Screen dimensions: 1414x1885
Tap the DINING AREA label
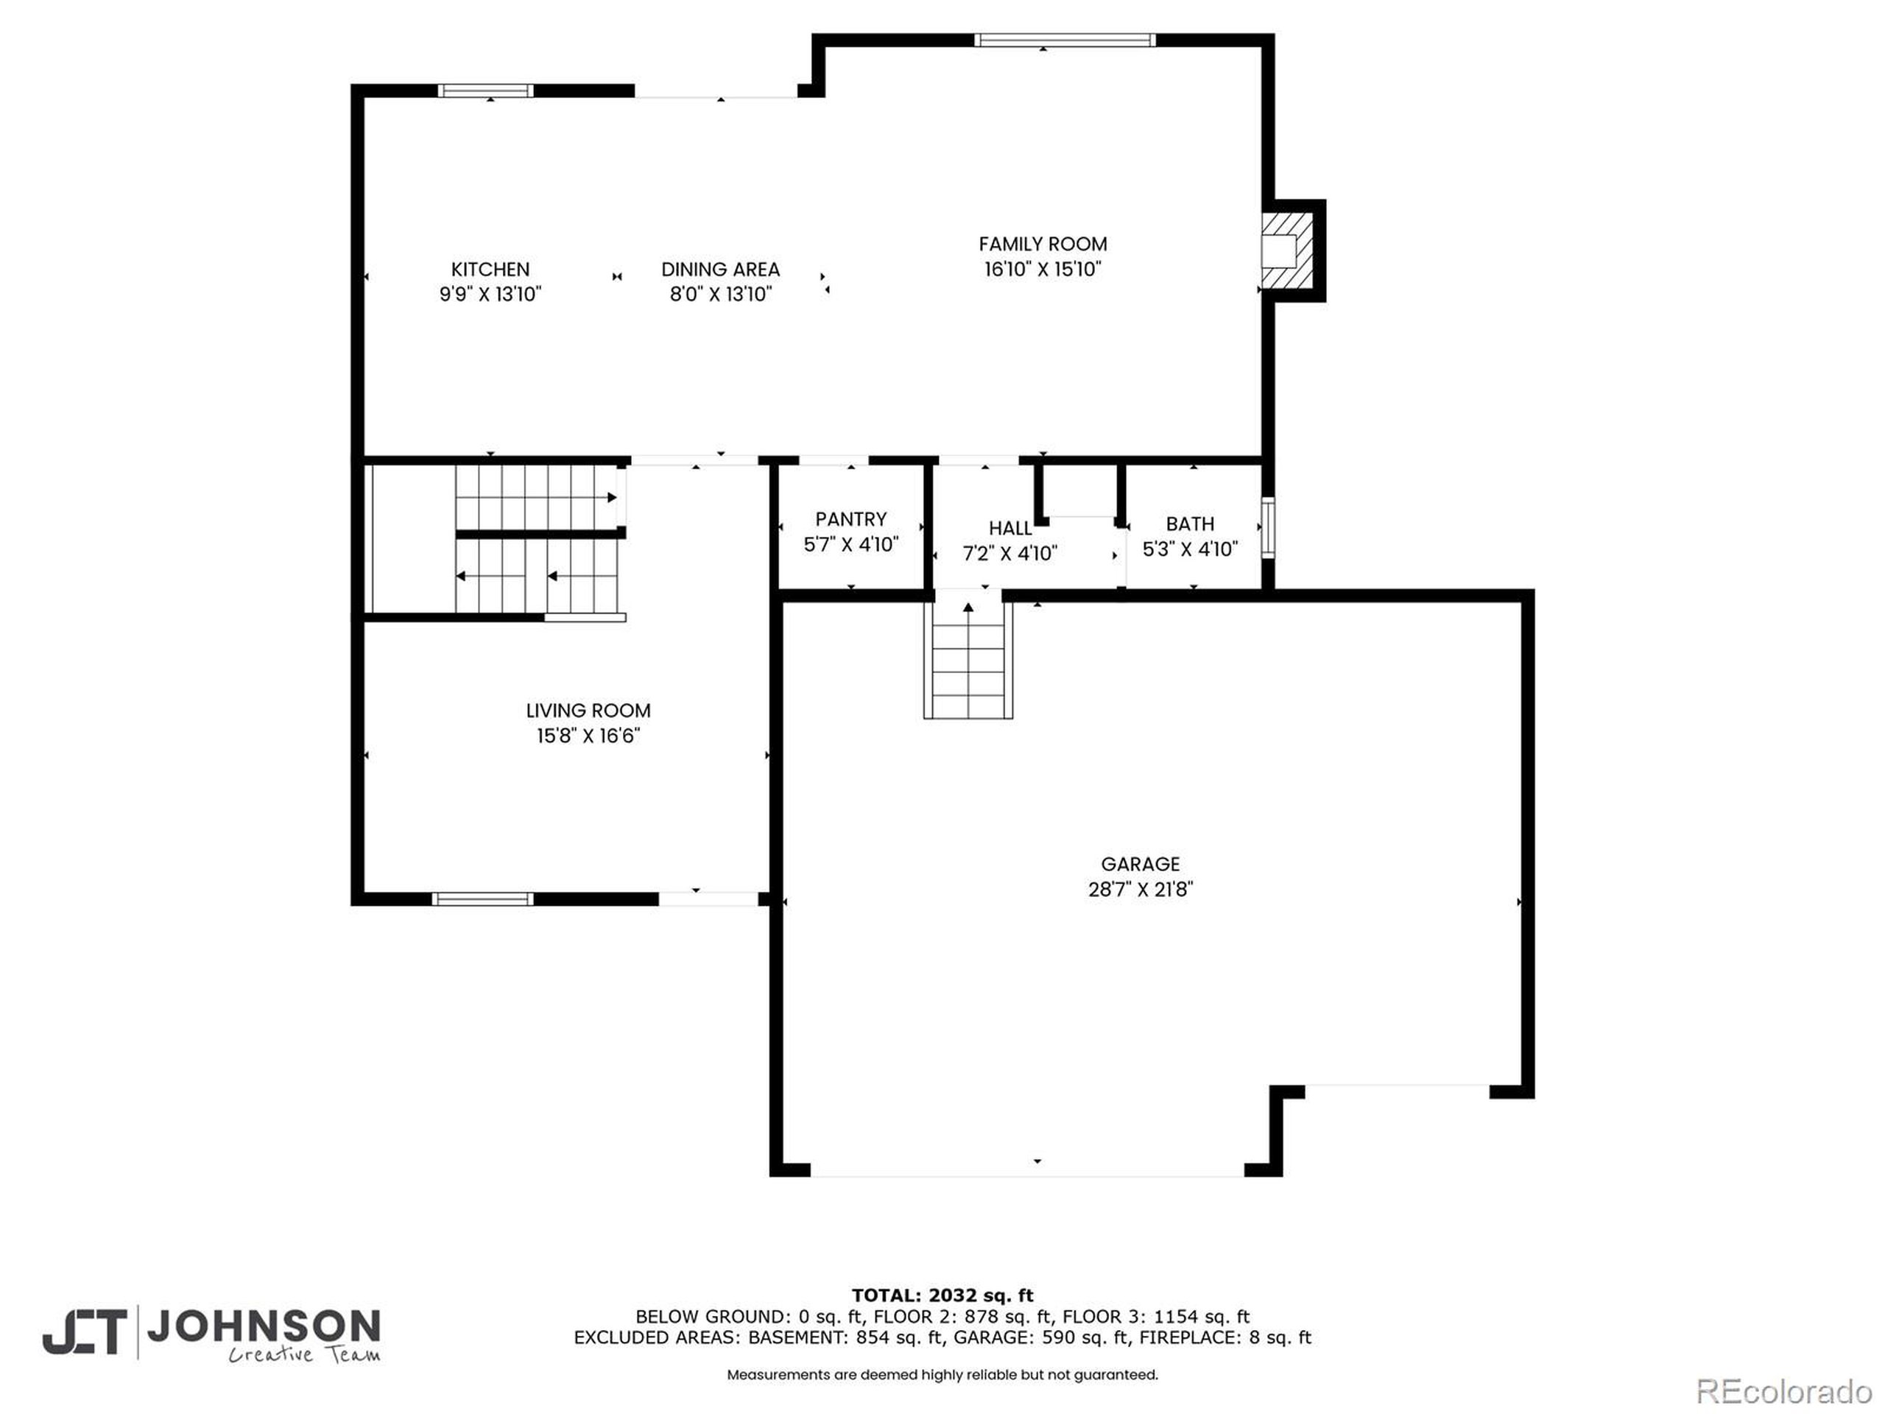pos(720,270)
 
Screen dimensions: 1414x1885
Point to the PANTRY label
pos(850,519)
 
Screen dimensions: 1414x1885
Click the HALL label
pos(1011,529)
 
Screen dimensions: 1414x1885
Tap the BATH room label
pos(1190,524)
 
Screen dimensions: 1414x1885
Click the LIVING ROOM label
pos(588,711)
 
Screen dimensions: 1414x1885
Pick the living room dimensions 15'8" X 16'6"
pos(588,736)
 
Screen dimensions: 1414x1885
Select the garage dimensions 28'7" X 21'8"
pos(1140,889)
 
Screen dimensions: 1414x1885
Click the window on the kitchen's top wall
pos(486,91)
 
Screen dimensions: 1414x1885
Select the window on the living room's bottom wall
pos(482,898)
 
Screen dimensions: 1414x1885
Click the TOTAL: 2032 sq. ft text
pos(942,1296)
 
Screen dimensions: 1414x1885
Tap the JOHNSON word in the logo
pos(264,1326)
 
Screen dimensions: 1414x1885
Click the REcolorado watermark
pos(1783,1392)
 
